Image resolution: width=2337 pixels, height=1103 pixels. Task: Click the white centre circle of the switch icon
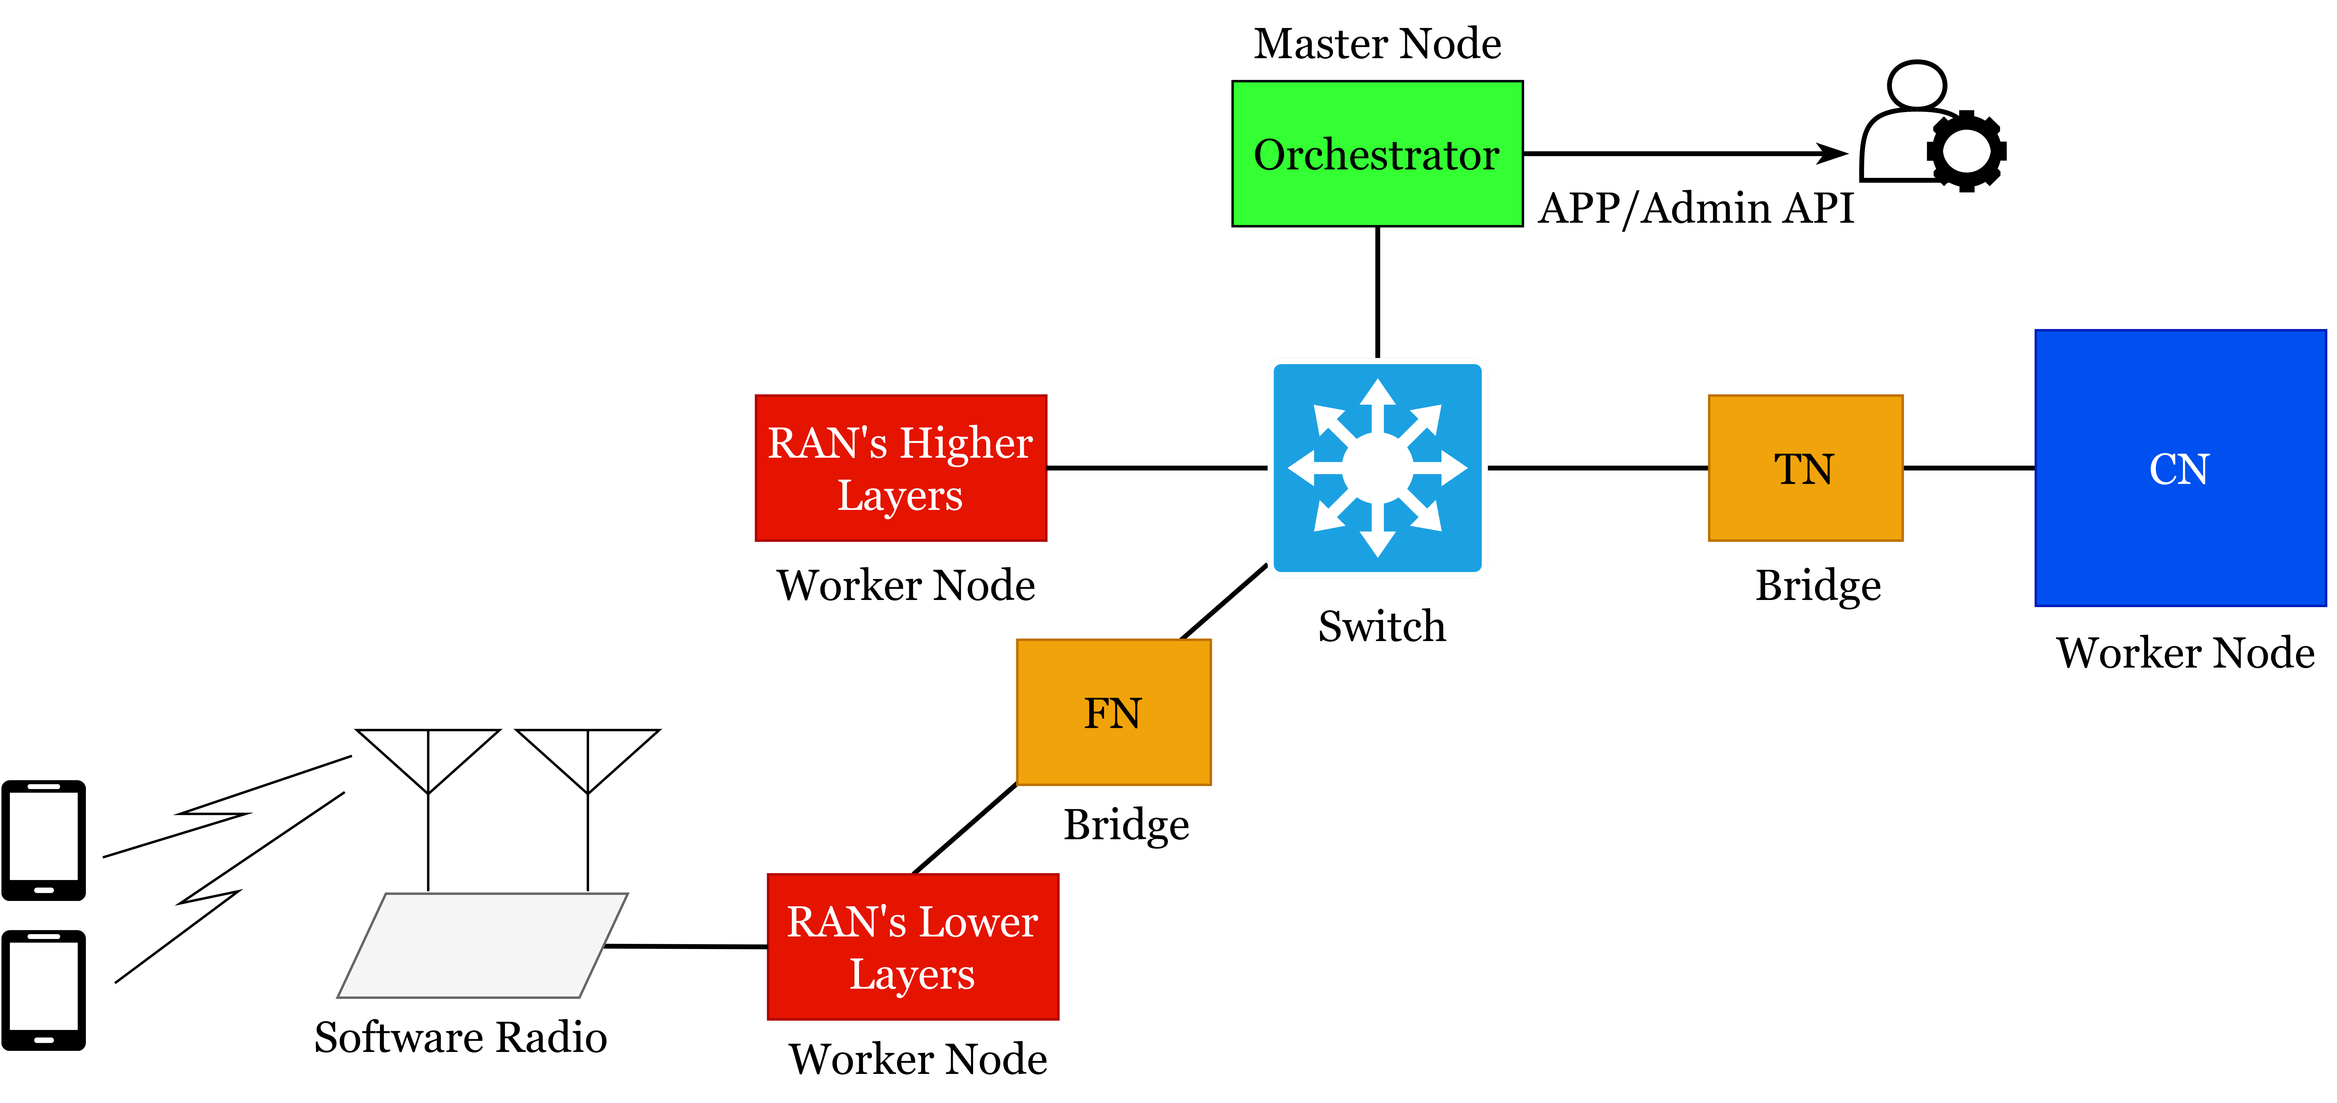(1377, 468)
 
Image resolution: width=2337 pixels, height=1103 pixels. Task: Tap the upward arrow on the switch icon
(1377, 399)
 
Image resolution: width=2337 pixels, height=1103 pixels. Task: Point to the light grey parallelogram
(483, 945)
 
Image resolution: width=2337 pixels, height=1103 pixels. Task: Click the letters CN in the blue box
(2179, 469)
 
